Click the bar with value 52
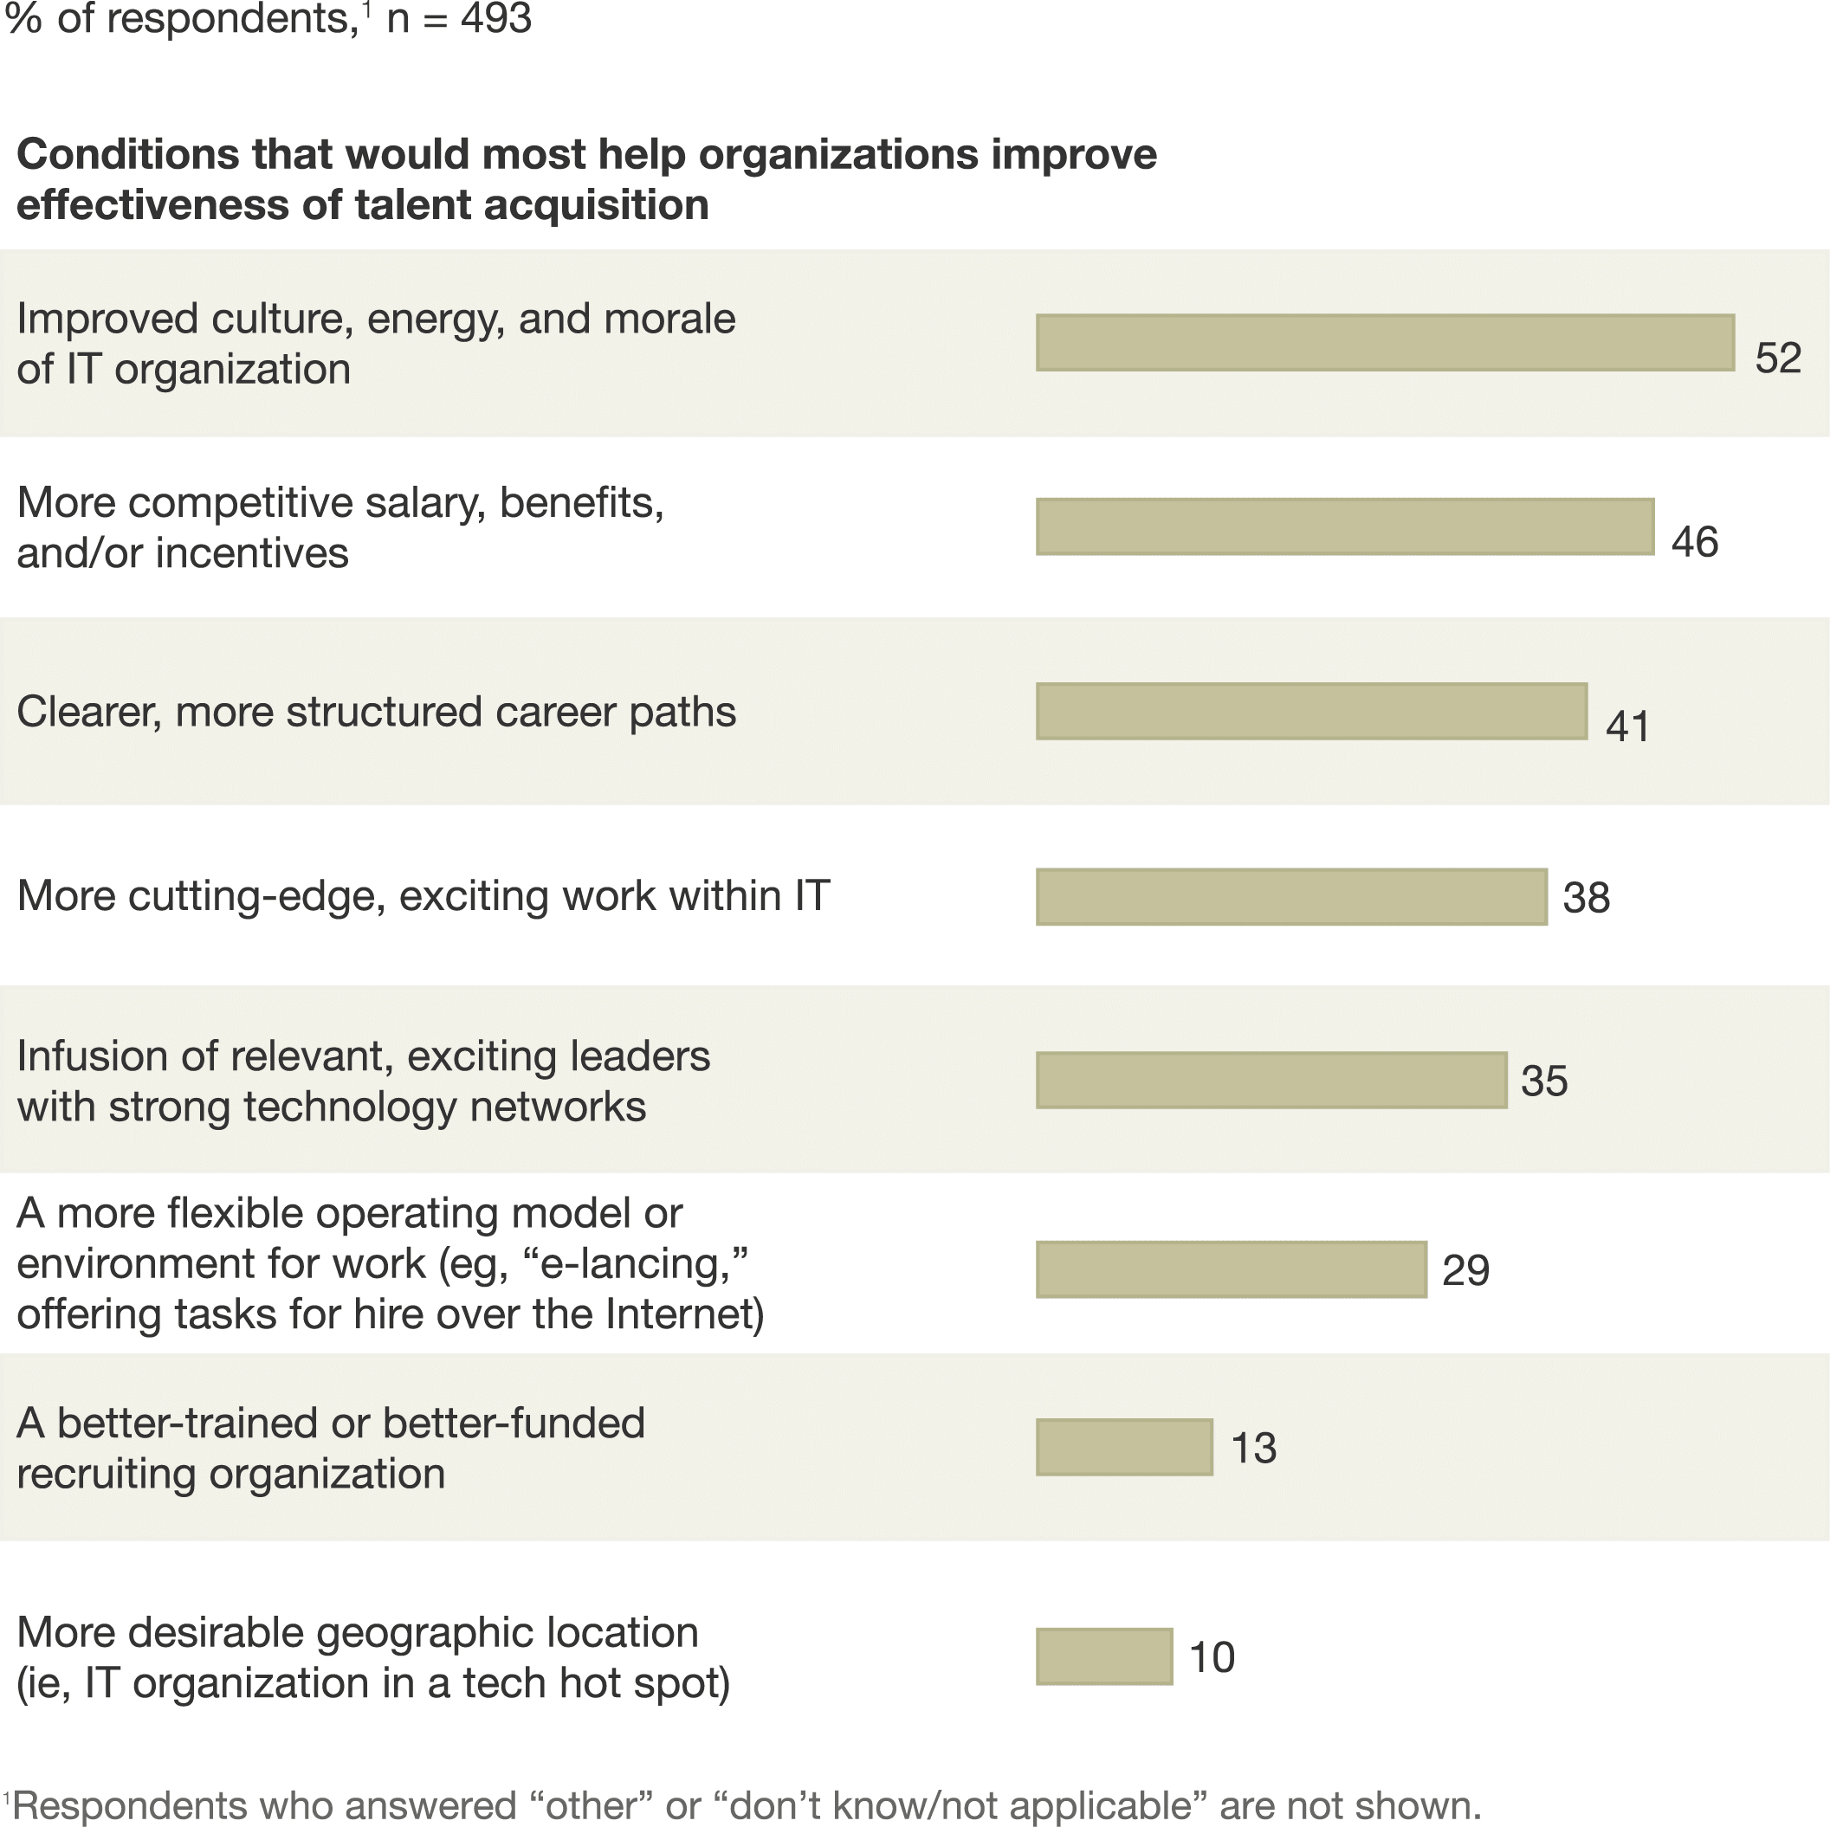[1385, 342]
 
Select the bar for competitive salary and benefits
[1345, 526]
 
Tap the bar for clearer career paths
[1311, 711]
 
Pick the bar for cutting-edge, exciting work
[1291, 896]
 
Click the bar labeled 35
[1271, 1080]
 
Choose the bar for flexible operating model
[1232, 1269]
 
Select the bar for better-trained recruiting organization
[1124, 1447]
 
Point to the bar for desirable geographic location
[1104, 1656]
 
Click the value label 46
[1695, 542]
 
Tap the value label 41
[1627, 726]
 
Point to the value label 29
[1465, 1270]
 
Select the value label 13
[1253, 1448]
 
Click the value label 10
[1212, 1657]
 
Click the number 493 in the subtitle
[496, 19]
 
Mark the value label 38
[1586, 897]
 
